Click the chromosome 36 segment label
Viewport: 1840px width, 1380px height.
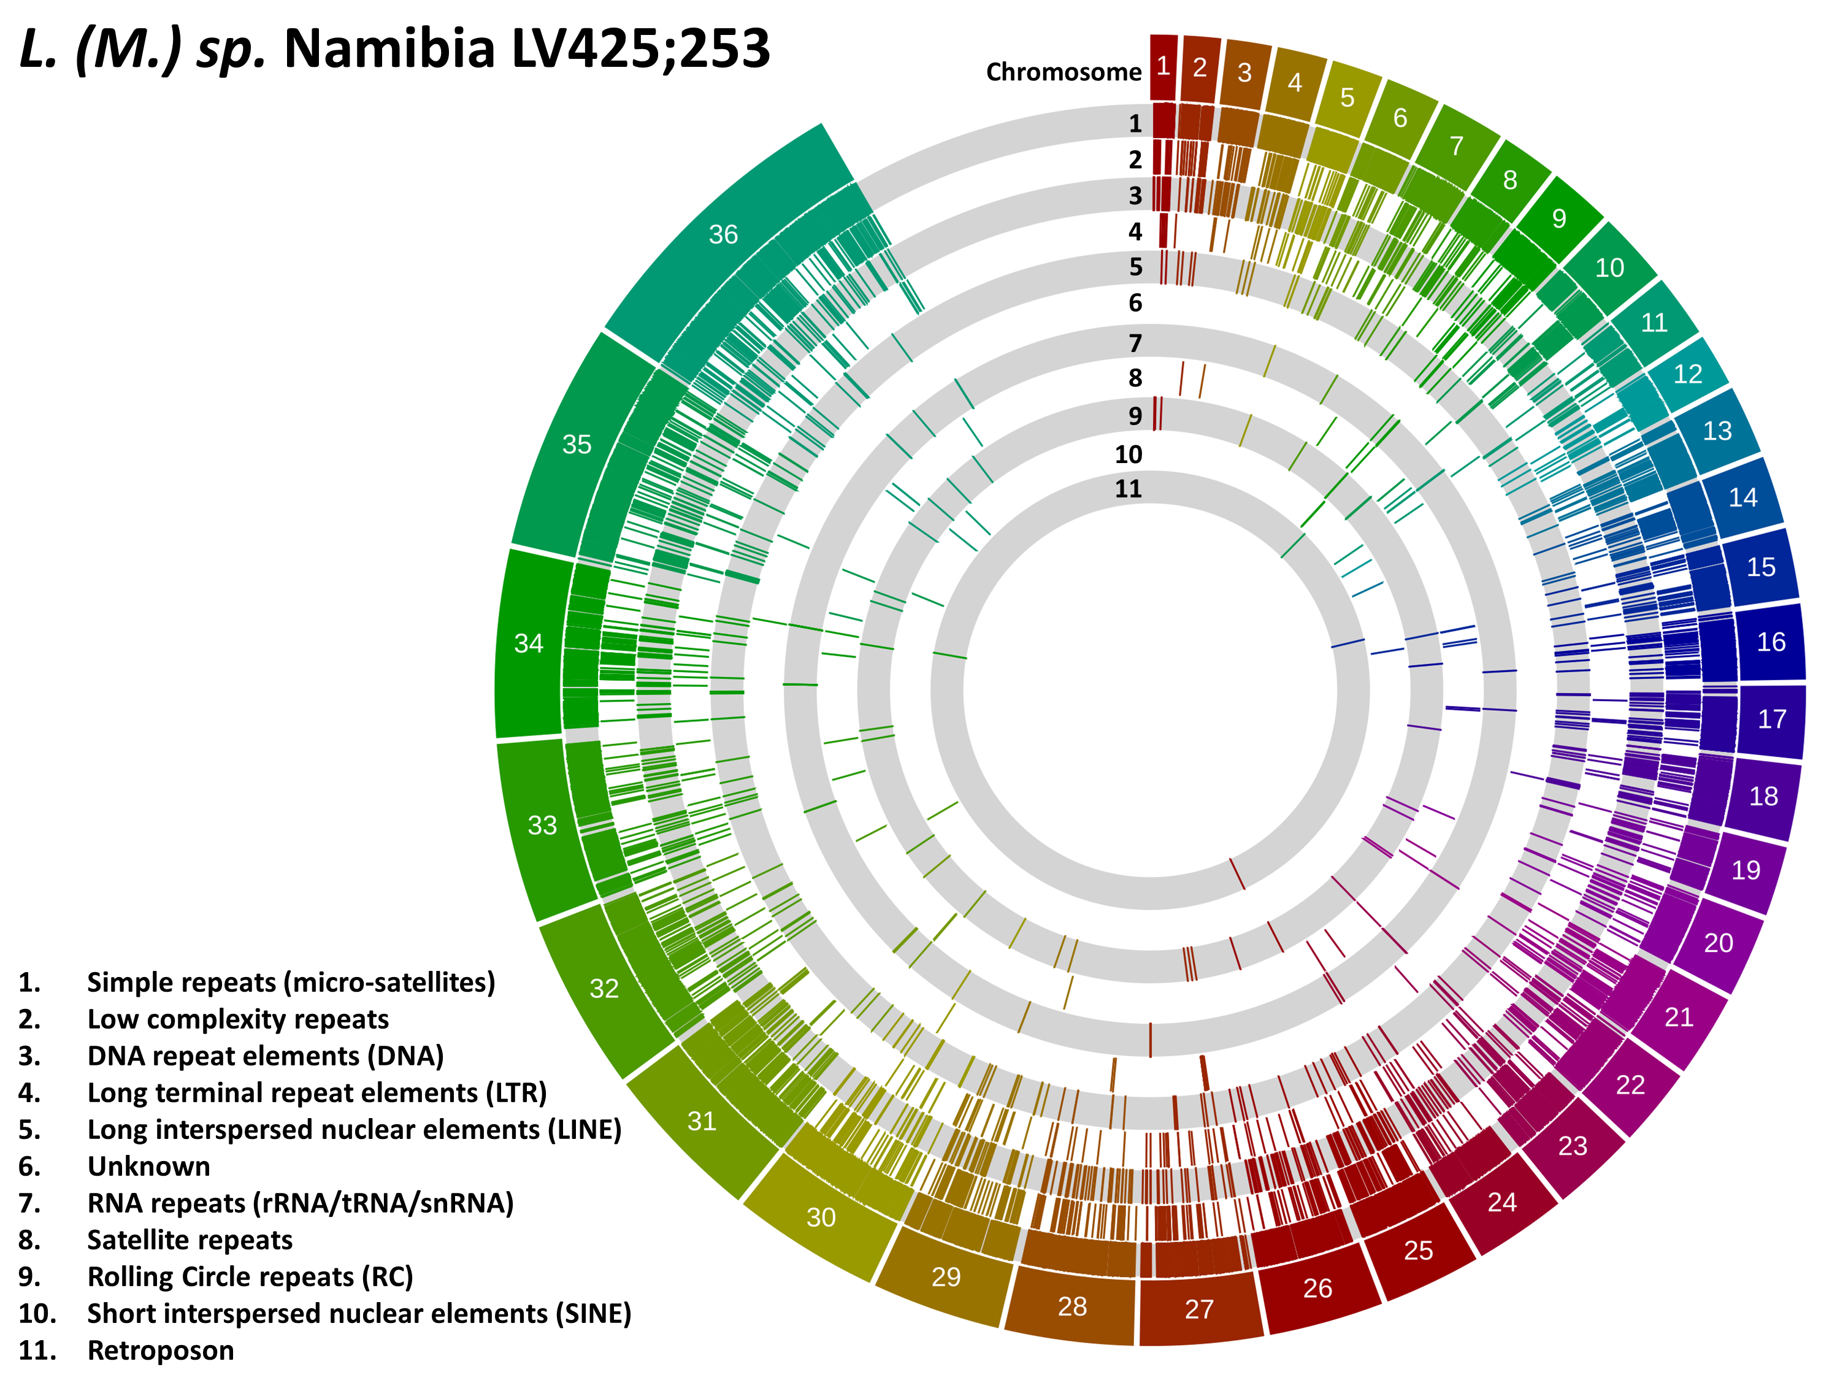(723, 234)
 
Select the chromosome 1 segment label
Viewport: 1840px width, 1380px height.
(1163, 66)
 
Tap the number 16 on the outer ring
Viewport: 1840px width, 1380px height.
(1771, 642)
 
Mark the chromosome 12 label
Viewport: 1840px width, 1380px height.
(1688, 374)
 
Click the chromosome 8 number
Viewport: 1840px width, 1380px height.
(1510, 180)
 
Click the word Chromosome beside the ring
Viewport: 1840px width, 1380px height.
(1064, 72)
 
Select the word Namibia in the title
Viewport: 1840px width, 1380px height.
(390, 48)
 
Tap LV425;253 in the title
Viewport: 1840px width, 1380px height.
(640, 48)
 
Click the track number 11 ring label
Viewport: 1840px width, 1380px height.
(1128, 488)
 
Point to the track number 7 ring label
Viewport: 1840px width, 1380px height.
(1135, 343)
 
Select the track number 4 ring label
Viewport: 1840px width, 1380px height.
(1135, 231)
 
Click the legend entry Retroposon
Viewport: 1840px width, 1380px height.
(161, 1349)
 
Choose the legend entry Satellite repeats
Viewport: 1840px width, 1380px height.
(190, 1240)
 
